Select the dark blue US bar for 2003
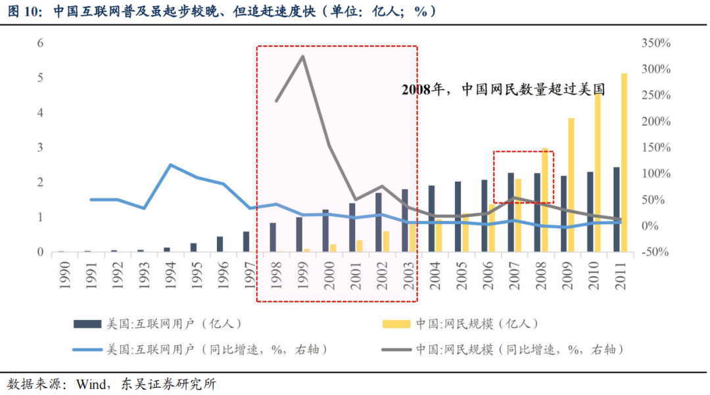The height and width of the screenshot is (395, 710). [x=405, y=220]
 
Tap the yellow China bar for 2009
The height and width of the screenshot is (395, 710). [x=571, y=185]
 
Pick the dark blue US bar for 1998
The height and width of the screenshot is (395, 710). [x=273, y=237]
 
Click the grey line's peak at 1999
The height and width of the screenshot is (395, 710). [x=302, y=57]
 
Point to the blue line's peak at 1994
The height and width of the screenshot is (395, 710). [x=171, y=165]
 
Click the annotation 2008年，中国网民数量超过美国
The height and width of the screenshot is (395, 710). [x=503, y=90]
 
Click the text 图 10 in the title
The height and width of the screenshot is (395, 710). [x=22, y=11]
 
